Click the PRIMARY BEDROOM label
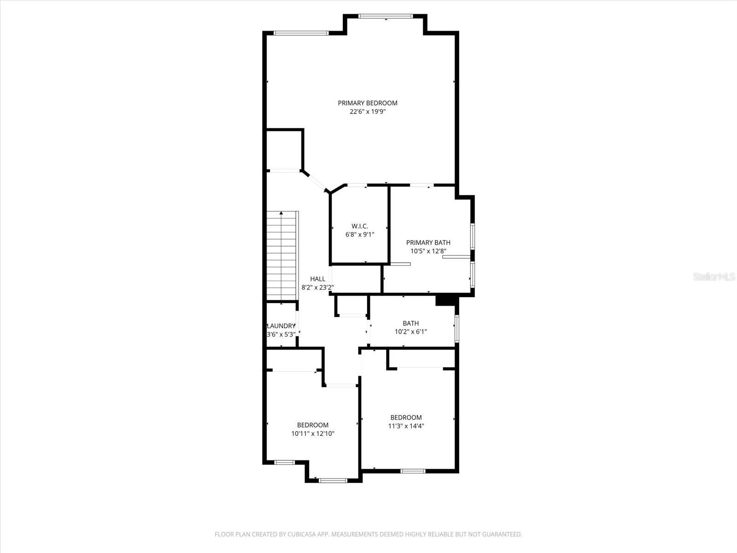pyautogui.click(x=368, y=103)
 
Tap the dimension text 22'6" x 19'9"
pyautogui.click(x=368, y=112)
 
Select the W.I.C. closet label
pyautogui.click(x=360, y=226)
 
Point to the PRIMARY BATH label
pyautogui.click(x=428, y=242)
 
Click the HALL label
pyautogui.click(x=317, y=279)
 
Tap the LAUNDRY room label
pyautogui.click(x=281, y=326)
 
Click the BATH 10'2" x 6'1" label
pyautogui.click(x=410, y=324)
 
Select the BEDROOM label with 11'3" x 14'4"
pyautogui.click(x=406, y=418)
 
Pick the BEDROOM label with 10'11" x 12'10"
pyautogui.click(x=313, y=425)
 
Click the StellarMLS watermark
pyautogui.click(x=714, y=277)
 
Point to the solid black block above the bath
pyautogui.click(x=445, y=300)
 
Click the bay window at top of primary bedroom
pyautogui.click(x=385, y=17)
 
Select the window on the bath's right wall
pyautogui.click(x=456, y=328)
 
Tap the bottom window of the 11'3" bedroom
pyautogui.click(x=412, y=471)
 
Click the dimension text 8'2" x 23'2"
pyautogui.click(x=317, y=287)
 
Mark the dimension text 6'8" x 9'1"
pyautogui.click(x=360, y=235)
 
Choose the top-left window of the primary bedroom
pyautogui.click(x=301, y=33)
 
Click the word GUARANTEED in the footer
pyautogui.click(x=502, y=535)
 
